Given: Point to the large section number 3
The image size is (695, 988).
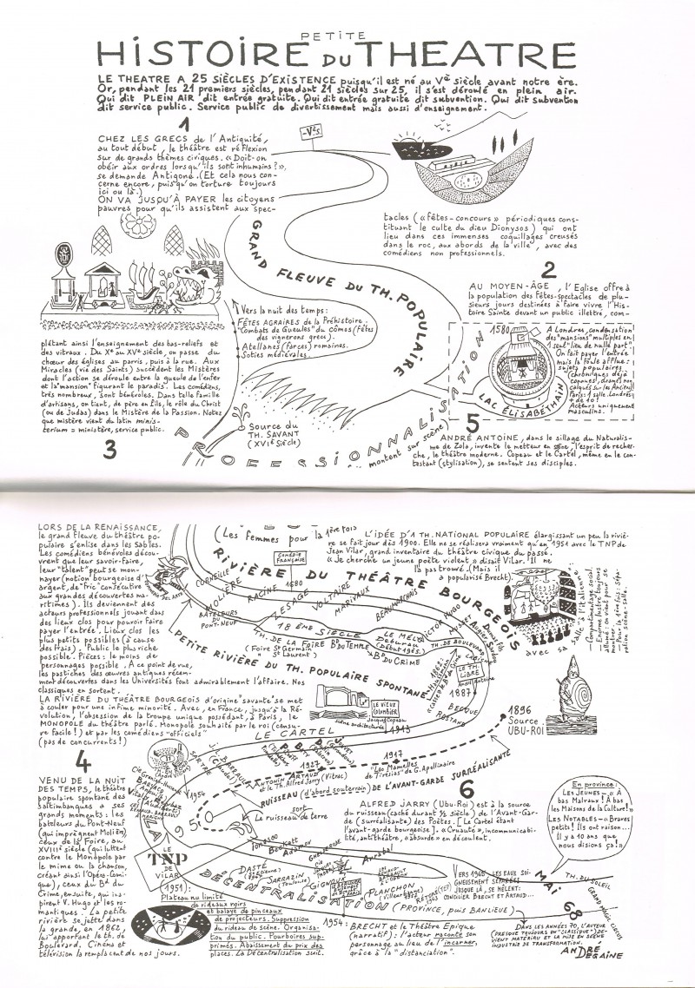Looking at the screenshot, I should (x=110, y=450).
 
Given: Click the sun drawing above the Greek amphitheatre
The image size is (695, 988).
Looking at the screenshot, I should (x=407, y=140).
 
